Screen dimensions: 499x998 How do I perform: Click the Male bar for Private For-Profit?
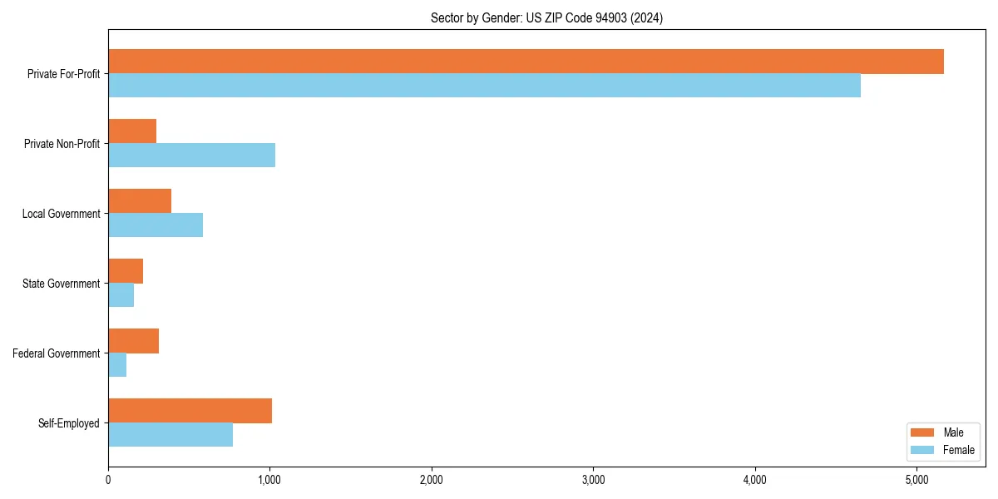click(526, 62)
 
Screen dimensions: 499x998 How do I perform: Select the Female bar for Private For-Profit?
click(484, 86)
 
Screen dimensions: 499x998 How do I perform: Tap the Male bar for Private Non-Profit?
click(132, 131)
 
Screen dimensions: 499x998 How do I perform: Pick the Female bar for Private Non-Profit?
click(191, 156)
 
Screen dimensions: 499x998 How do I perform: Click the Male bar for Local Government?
click(140, 201)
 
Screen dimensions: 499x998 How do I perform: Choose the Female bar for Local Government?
click(156, 225)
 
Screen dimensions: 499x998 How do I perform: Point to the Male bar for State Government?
click(126, 271)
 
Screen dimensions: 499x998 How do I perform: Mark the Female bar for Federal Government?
click(117, 365)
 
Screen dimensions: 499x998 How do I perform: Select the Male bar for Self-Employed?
click(190, 411)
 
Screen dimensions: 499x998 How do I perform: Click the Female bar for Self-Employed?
click(170, 435)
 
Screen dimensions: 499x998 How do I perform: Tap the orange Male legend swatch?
click(923, 432)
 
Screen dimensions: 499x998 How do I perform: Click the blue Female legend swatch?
click(923, 450)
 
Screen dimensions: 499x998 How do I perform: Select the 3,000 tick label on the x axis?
click(593, 480)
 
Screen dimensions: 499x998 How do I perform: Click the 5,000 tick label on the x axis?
click(916, 480)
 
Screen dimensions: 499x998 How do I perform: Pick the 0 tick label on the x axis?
click(108, 480)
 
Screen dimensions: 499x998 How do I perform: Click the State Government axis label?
click(61, 284)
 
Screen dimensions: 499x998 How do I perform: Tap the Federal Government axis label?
click(57, 353)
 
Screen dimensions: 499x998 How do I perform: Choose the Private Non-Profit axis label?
click(62, 144)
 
